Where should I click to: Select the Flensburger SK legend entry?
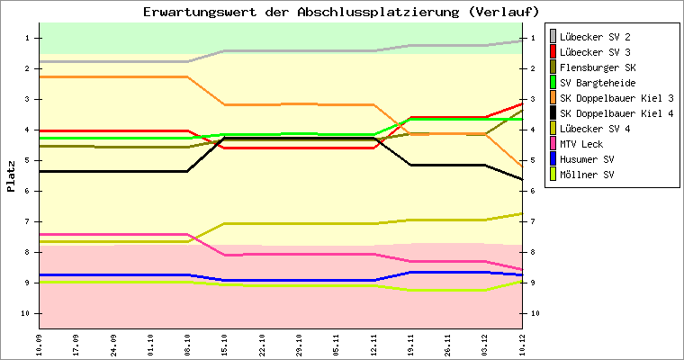point(595,67)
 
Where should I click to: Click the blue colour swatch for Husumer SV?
point(553,159)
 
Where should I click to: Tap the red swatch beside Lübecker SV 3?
point(553,52)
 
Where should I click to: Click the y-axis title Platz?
point(12,176)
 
